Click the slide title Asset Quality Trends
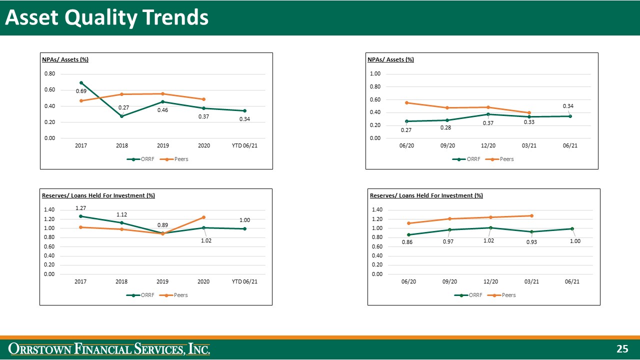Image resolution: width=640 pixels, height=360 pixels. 106,18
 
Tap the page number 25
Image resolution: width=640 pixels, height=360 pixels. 622,349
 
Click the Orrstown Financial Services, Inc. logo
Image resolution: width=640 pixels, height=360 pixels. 110,348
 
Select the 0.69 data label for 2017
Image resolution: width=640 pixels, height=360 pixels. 81,91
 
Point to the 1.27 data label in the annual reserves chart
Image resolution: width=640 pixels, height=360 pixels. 81,208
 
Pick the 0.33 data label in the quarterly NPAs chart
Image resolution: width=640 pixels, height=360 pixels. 529,122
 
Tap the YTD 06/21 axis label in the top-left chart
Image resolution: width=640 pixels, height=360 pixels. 244,145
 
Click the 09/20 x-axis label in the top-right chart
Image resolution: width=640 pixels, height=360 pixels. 447,145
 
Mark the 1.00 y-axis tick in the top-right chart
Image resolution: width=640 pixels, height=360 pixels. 375,74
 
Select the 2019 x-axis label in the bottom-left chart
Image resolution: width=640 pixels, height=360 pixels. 162,281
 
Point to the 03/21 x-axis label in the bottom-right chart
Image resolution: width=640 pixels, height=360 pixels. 531,281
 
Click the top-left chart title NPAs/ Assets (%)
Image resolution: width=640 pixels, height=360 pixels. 65,59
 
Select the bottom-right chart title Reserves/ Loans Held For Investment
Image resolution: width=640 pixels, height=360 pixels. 426,195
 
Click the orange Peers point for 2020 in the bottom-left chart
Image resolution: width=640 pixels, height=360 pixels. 203,217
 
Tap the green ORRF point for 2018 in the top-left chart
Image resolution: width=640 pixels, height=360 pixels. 122,116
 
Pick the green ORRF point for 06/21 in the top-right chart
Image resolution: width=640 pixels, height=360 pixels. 570,116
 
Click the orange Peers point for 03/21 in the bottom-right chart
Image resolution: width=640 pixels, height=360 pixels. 531,215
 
